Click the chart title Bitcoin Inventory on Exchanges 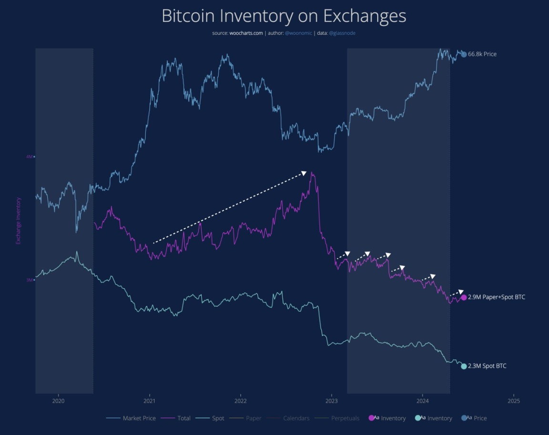pyautogui.click(x=284, y=16)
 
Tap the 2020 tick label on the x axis pyautogui.click(x=58, y=402)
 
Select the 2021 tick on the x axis pyautogui.click(x=150, y=402)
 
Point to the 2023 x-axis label pyautogui.click(x=331, y=402)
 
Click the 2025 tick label pyautogui.click(x=513, y=402)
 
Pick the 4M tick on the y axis pyautogui.click(x=29, y=157)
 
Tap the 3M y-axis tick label pyautogui.click(x=29, y=280)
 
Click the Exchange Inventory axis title pyautogui.click(x=19, y=221)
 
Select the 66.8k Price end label pyautogui.click(x=482, y=54)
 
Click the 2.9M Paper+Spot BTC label pyautogui.click(x=497, y=297)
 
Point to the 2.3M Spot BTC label pyautogui.click(x=487, y=366)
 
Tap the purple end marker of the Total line pyautogui.click(x=464, y=298)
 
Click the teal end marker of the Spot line pyautogui.click(x=464, y=366)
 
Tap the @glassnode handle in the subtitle pyautogui.click(x=342, y=33)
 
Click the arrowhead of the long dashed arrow pyautogui.click(x=304, y=173)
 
